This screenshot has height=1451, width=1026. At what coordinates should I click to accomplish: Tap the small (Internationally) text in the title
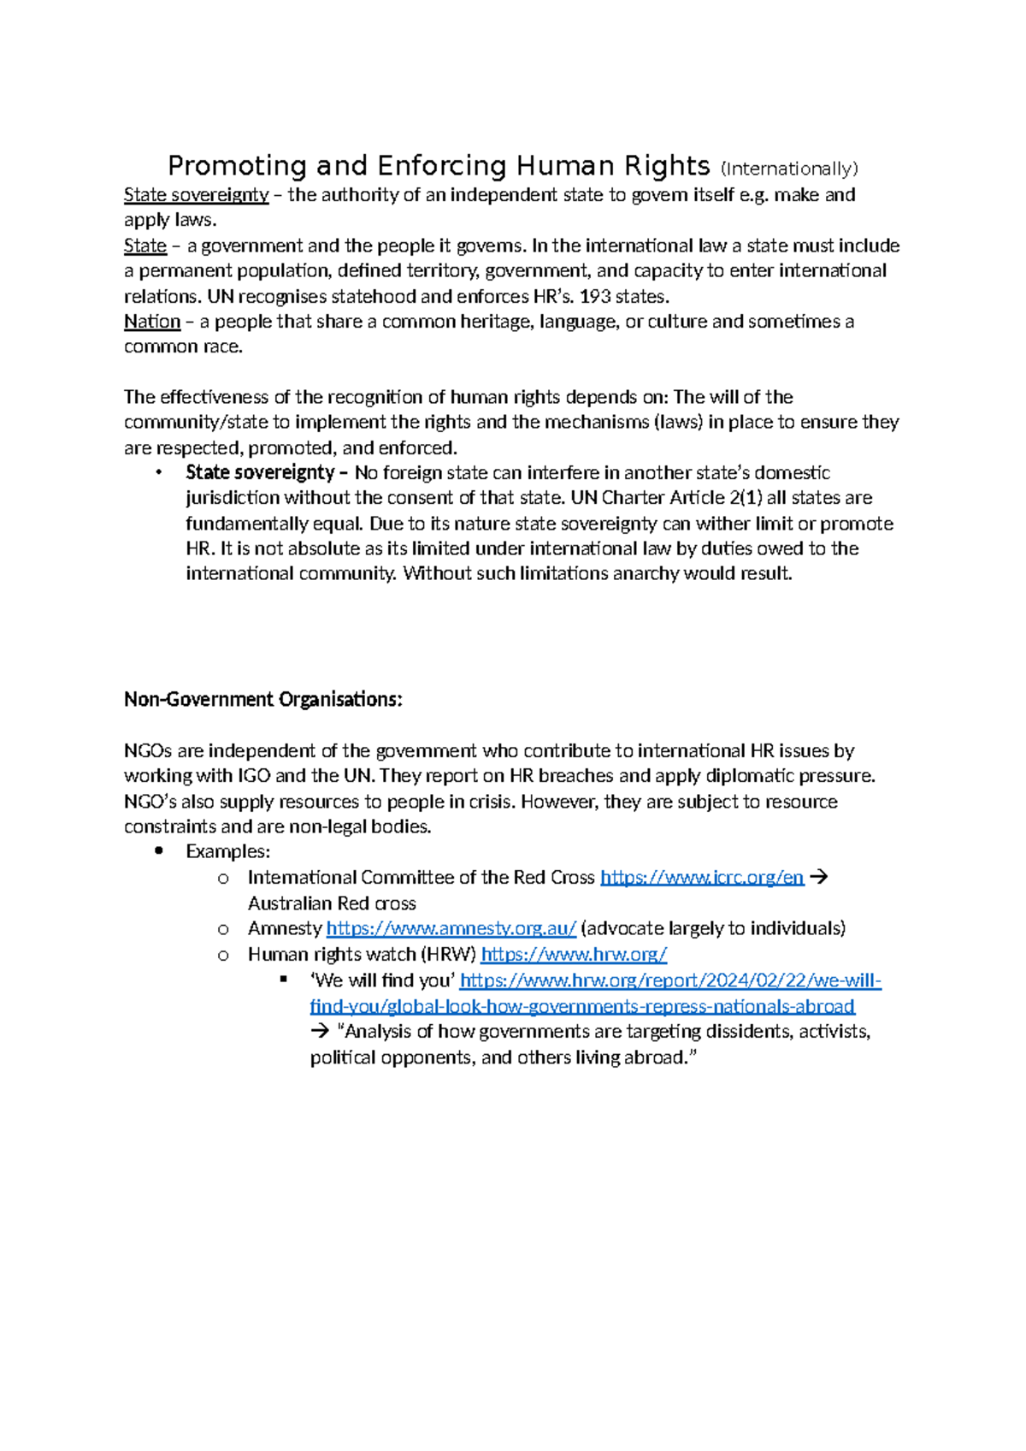click(x=788, y=169)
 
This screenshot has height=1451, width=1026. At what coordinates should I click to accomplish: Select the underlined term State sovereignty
click(x=196, y=195)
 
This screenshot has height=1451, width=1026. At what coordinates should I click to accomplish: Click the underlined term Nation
click(x=152, y=322)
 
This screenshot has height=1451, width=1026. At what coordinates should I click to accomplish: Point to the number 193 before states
click(x=595, y=297)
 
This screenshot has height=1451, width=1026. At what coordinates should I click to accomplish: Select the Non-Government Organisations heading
click(x=262, y=700)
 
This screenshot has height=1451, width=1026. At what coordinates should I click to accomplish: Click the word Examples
click(x=227, y=852)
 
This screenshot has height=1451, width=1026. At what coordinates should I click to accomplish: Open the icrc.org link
click(x=701, y=878)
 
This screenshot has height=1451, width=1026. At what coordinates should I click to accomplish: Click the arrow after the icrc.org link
click(x=818, y=878)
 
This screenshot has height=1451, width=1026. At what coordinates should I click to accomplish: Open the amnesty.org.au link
click(x=451, y=928)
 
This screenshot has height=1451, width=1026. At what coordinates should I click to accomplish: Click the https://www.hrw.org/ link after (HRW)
click(x=574, y=954)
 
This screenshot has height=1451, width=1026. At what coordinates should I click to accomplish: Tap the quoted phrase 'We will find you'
click(x=382, y=980)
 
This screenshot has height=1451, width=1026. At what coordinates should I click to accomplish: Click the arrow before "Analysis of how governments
click(x=320, y=1032)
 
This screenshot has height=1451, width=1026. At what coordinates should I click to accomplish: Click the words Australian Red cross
click(x=332, y=903)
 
